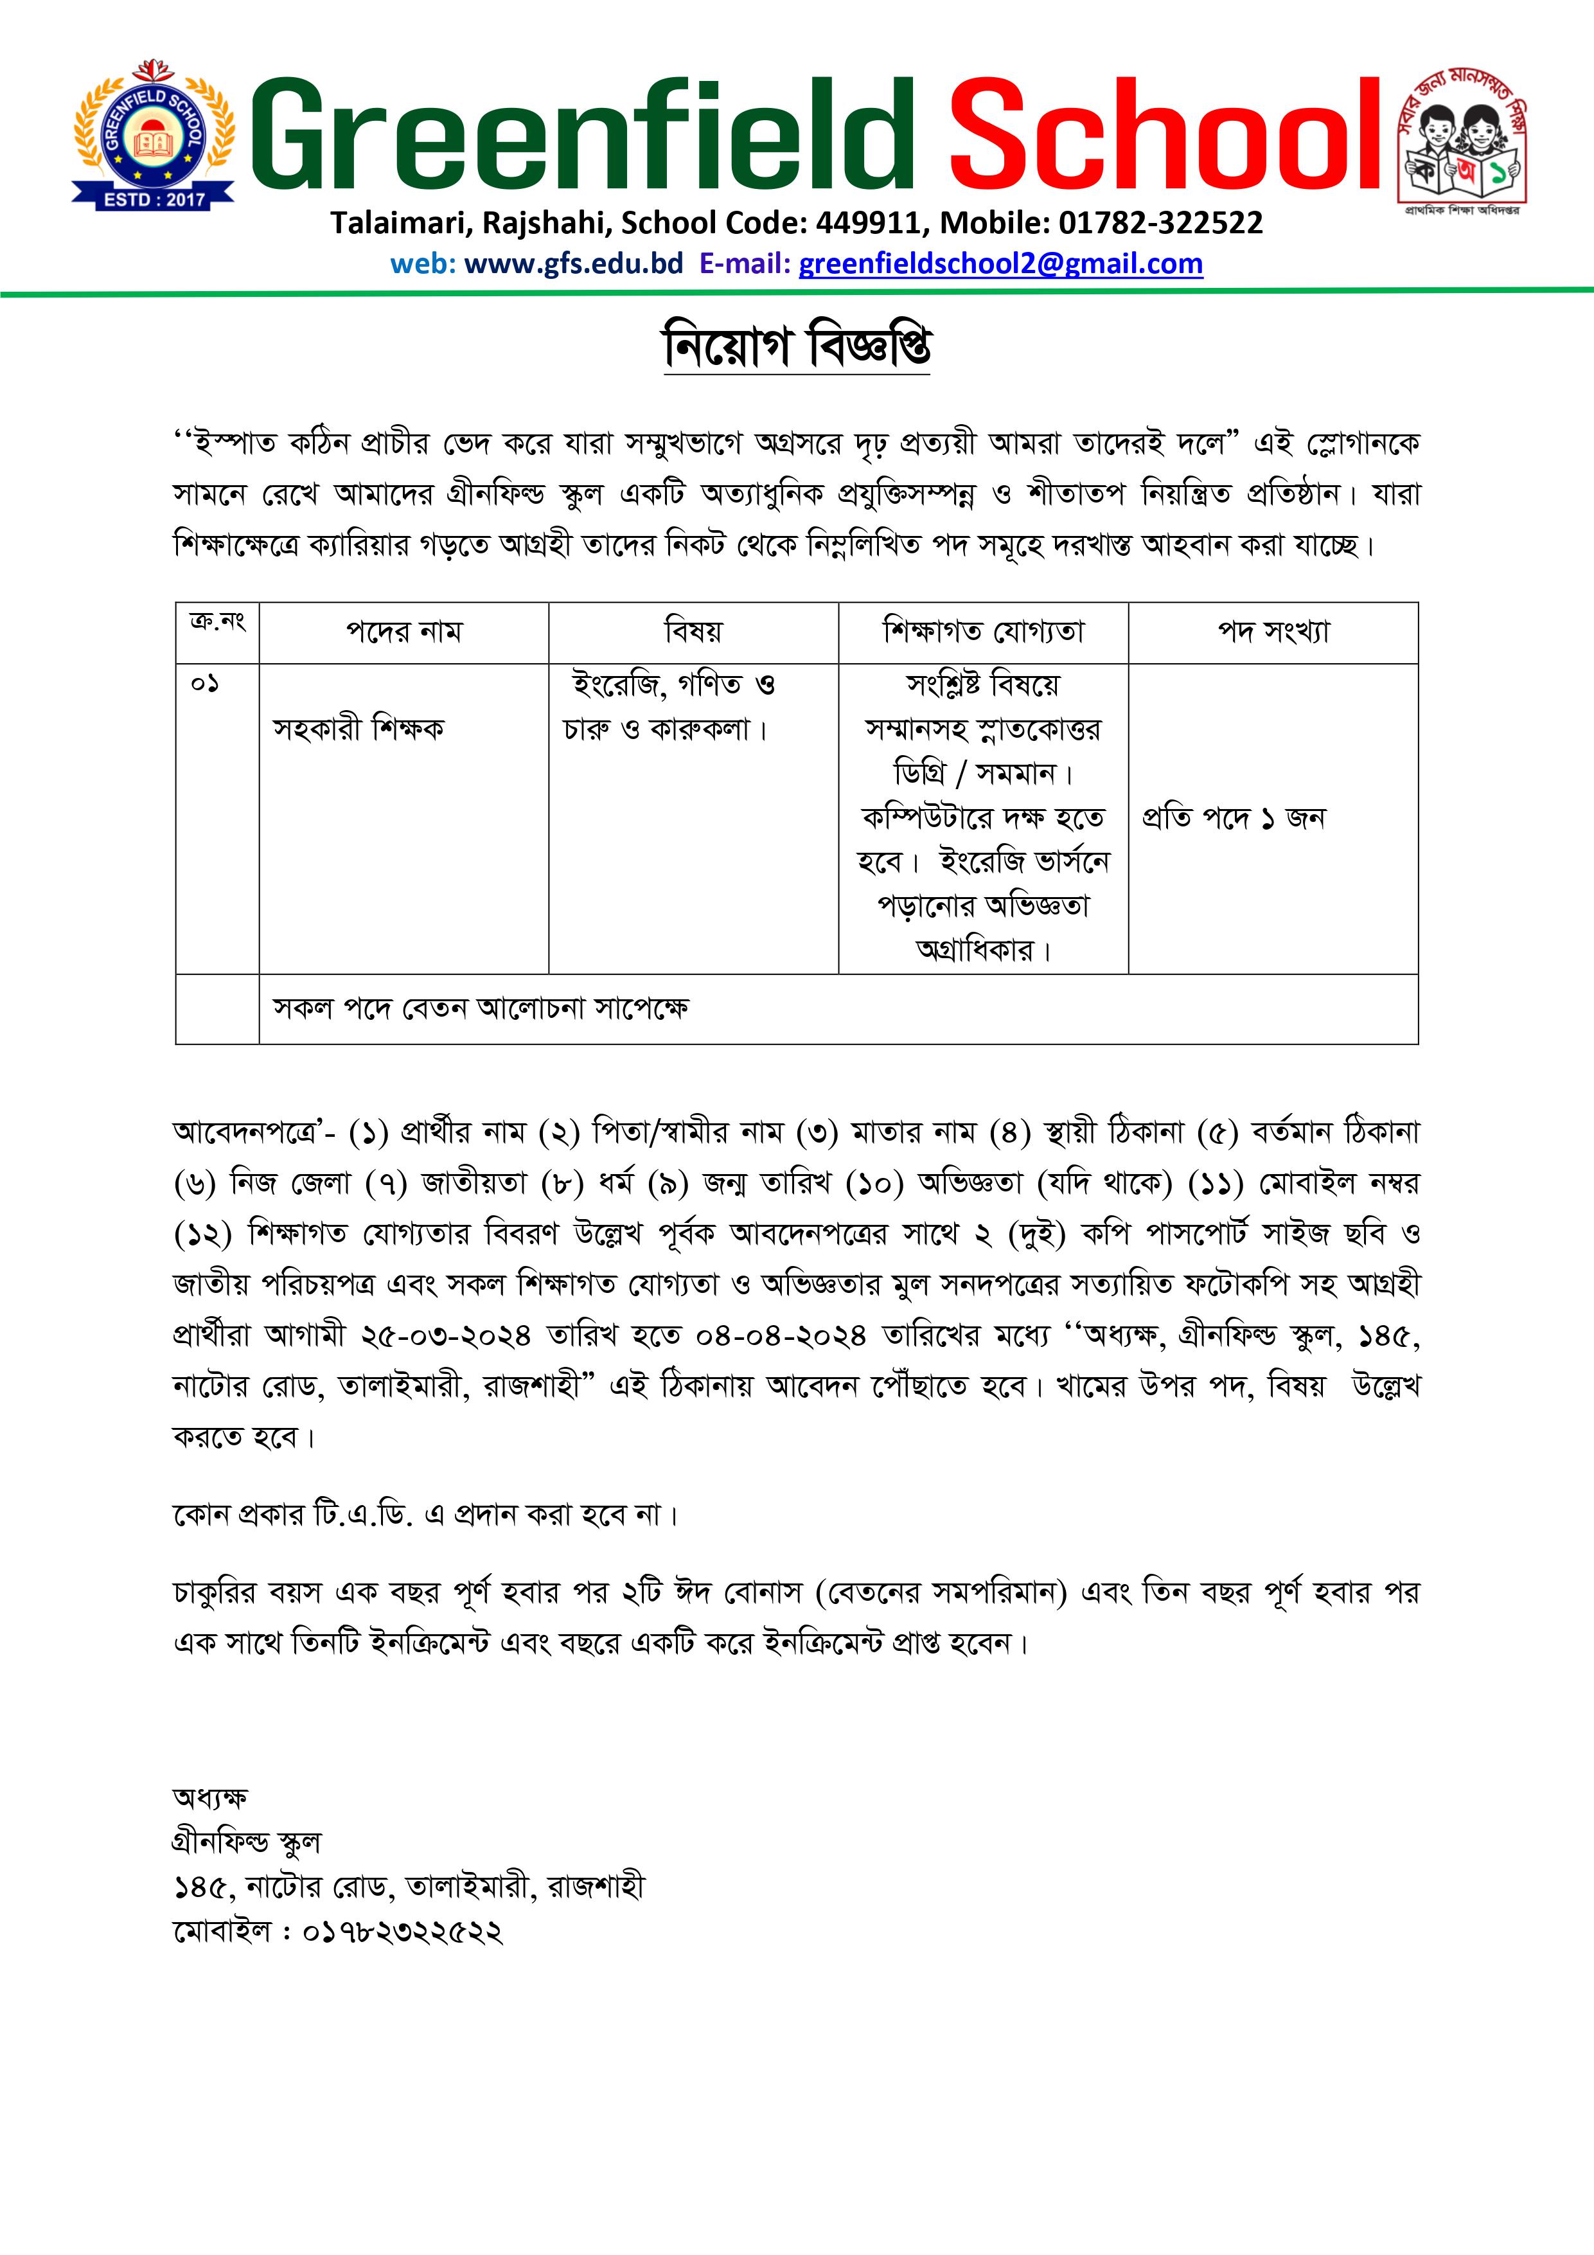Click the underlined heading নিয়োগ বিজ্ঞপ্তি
[x=797, y=346]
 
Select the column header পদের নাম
[x=403, y=632]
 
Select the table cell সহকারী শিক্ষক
[x=359, y=729]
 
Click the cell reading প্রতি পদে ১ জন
[x=1234, y=817]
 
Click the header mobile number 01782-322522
[x=1160, y=223]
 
